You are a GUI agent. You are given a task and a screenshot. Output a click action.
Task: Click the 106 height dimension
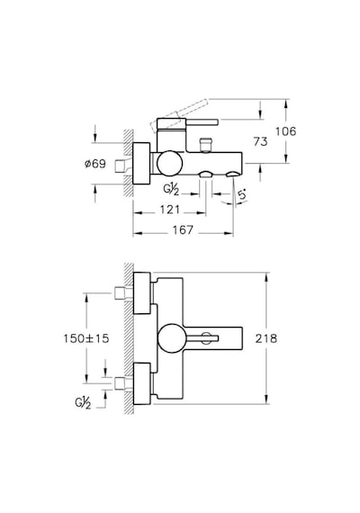[x=285, y=131]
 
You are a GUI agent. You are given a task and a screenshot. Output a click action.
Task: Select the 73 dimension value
[x=260, y=141]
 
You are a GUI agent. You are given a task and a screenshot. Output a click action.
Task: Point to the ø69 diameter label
[x=95, y=164]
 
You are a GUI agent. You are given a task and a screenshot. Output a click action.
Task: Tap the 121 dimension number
[x=170, y=210]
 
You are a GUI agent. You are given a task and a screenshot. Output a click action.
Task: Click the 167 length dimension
[x=183, y=229]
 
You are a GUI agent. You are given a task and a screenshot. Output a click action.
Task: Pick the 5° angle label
[x=242, y=195]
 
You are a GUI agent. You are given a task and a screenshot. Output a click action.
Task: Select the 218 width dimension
[x=266, y=338]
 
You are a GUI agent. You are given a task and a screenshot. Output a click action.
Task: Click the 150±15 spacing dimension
[x=86, y=338]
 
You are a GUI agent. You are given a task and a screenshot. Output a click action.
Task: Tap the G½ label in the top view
[x=171, y=189]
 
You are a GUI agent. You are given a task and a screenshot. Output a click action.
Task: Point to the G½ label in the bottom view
[x=83, y=403]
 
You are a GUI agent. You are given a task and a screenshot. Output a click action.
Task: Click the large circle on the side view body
[x=169, y=163]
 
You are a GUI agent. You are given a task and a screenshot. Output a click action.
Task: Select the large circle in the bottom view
[x=172, y=338]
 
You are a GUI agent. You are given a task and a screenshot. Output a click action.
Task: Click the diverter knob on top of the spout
[x=205, y=145]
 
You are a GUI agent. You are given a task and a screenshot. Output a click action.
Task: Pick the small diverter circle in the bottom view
[x=206, y=338]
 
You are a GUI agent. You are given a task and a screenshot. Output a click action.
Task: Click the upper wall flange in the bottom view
[x=141, y=293]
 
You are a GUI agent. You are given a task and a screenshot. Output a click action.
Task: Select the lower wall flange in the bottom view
[x=141, y=383]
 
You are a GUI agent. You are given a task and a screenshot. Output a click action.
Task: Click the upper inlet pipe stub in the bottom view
[x=123, y=293]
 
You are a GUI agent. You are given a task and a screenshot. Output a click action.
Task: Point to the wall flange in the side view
[x=141, y=163]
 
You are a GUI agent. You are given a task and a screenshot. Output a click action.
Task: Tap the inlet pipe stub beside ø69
[x=123, y=166]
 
